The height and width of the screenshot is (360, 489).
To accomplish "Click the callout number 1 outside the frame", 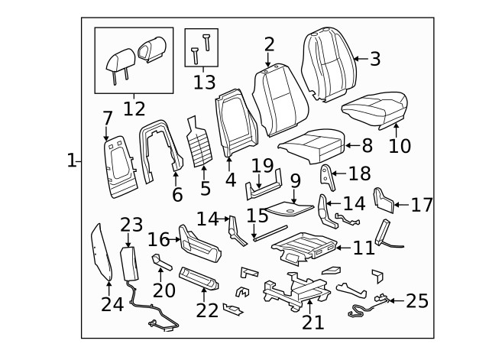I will click(71, 161).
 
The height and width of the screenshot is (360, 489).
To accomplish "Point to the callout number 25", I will click(417, 301).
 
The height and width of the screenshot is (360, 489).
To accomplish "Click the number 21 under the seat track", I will click(313, 322).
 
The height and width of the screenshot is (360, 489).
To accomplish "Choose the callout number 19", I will click(262, 166).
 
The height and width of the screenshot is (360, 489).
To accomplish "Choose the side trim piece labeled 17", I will click(383, 200).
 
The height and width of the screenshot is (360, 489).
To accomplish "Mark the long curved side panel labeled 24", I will click(101, 251).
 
